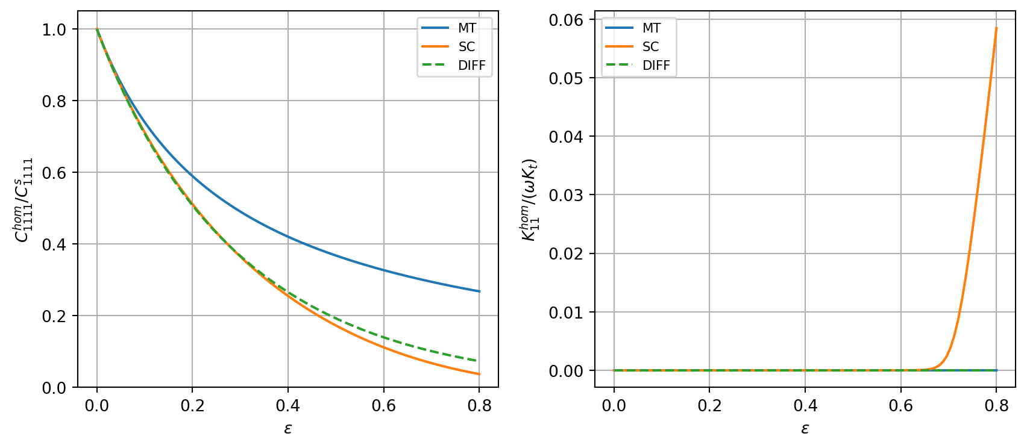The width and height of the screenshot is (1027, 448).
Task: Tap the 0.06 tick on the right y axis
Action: pyautogui.click(x=567, y=20)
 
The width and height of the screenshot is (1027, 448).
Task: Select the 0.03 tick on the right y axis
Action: pyautogui.click(x=567, y=195)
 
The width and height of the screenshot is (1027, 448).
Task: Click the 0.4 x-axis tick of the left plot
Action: pyautogui.click(x=288, y=406)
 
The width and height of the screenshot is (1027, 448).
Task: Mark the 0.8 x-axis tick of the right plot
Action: pyautogui.click(x=996, y=406)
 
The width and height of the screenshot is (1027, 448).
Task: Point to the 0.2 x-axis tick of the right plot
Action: pyautogui.click(x=709, y=406)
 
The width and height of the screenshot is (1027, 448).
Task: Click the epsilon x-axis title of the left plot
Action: pyautogui.click(x=288, y=429)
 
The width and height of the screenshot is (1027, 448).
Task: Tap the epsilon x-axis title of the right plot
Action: pyautogui.click(x=805, y=429)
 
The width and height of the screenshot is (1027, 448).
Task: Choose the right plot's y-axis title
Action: pyautogui.click(x=529, y=199)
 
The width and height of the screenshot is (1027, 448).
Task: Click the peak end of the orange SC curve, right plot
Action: pyautogui.click(x=996, y=28)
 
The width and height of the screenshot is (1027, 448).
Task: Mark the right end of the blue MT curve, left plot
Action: pyautogui.click(x=479, y=291)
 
